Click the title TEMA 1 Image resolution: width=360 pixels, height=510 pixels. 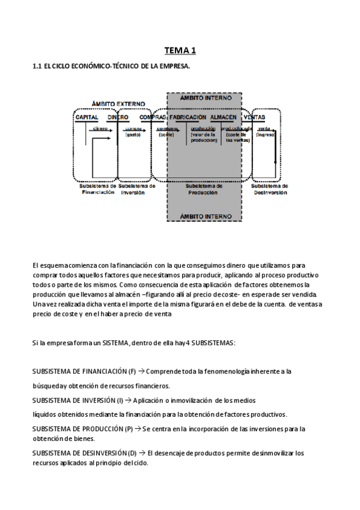[180, 51]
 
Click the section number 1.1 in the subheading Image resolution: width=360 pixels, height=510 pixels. [36, 66]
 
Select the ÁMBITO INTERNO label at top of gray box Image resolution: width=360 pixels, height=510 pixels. [204, 97]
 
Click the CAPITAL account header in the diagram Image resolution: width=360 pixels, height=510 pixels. [87, 117]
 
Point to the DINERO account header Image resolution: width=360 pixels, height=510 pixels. [118, 117]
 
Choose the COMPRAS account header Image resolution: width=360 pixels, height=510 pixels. [152, 117]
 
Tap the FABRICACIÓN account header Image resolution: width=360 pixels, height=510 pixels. [188, 117]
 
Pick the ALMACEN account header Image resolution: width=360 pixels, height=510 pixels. [224, 117]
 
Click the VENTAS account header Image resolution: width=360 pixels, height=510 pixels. [255, 117]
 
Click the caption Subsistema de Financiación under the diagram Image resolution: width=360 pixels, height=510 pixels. [97, 189]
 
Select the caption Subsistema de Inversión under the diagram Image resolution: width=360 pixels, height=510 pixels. [138, 189]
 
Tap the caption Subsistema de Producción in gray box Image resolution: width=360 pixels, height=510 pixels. [204, 189]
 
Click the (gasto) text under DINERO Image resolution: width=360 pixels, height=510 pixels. [133, 135]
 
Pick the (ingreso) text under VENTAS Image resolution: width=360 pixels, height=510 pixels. [265, 135]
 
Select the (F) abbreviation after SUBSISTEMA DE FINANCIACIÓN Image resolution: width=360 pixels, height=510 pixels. [132, 372]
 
